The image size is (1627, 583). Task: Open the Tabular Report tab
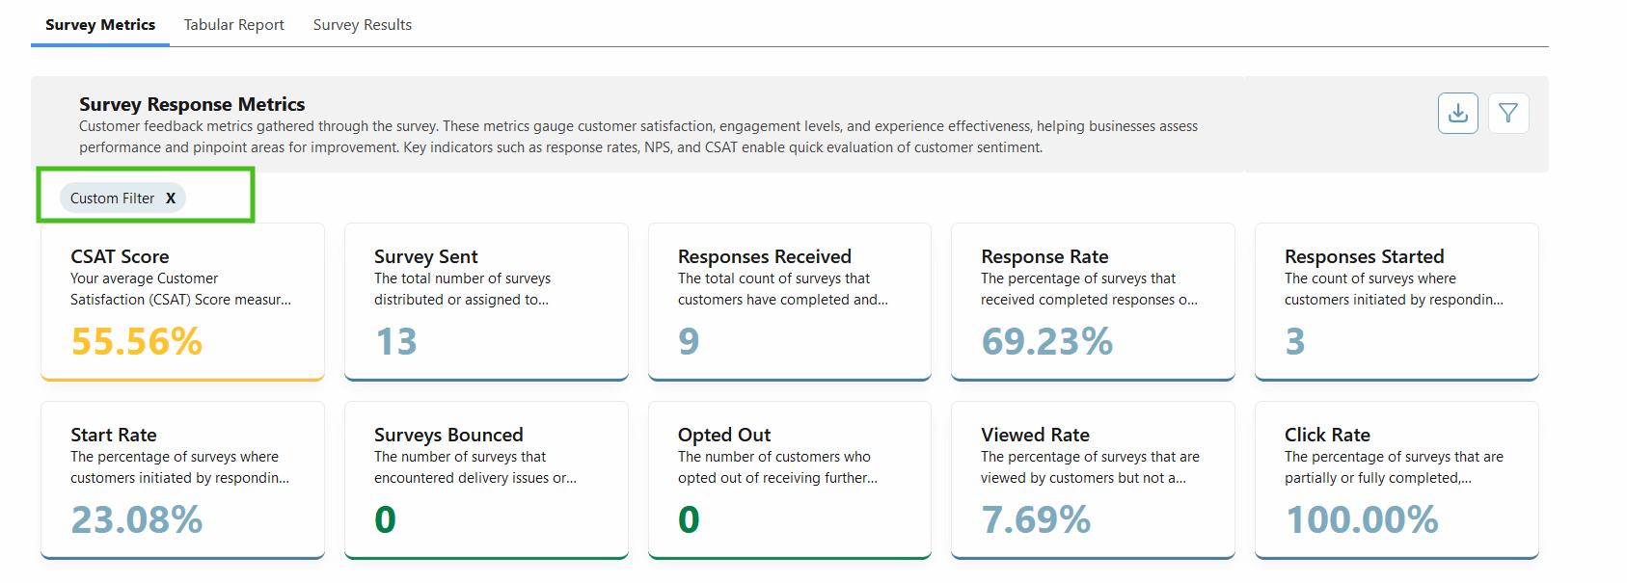[x=234, y=25]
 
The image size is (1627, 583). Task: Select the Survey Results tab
[x=362, y=25]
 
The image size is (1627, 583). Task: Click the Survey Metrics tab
[x=100, y=25]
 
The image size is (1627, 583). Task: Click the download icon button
[x=1457, y=114]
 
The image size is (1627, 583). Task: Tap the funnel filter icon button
[x=1508, y=114]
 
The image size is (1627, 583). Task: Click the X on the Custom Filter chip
[x=171, y=199]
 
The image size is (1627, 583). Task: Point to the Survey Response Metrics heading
[x=192, y=104]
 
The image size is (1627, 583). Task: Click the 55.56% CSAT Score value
[x=137, y=341]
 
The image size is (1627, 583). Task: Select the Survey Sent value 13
[x=395, y=341]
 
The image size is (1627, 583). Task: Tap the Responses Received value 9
[x=689, y=341]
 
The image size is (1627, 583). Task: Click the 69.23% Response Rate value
[x=1047, y=341]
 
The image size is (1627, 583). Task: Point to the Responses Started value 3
[x=1295, y=341]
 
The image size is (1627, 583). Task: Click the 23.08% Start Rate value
[x=137, y=519]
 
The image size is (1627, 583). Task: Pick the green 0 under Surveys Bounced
[x=385, y=519]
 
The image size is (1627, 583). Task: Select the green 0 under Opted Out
[x=689, y=519]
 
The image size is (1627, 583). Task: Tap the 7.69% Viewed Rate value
[x=1036, y=519]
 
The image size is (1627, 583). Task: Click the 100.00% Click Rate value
[x=1362, y=519]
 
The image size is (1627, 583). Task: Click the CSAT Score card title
[x=120, y=256]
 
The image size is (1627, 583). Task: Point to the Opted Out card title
[x=724, y=435]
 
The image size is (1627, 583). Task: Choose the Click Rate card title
[x=1327, y=435]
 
